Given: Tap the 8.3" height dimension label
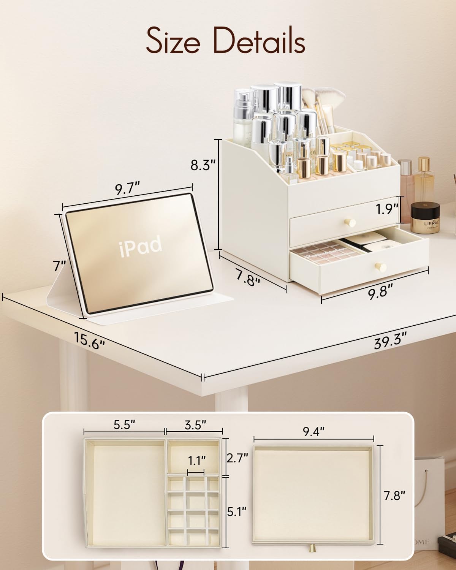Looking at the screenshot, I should click(x=204, y=165).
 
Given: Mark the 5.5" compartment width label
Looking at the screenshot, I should click(x=125, y=424).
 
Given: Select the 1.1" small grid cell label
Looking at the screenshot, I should click(x=196, y=461).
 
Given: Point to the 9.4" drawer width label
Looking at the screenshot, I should click(x=314, y=431).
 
